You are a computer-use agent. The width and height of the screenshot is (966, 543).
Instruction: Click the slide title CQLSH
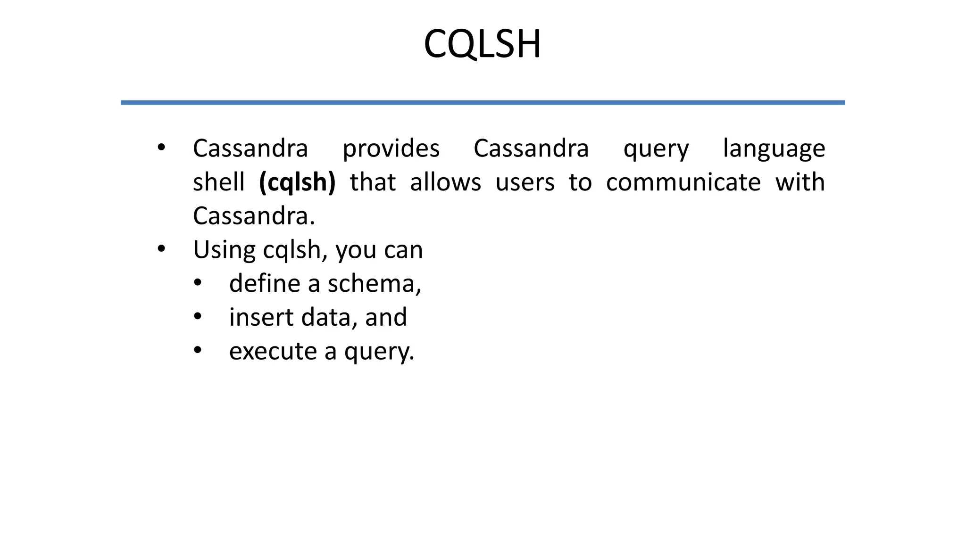coord(482,44)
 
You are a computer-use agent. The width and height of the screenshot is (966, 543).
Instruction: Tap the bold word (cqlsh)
coord(297,182)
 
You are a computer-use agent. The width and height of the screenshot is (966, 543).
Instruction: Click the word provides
coord(391,149)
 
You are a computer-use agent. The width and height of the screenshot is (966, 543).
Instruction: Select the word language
coord(774,149)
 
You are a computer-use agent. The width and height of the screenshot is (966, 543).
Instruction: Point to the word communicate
coord(683,182)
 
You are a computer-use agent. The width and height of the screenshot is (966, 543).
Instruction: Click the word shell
coord(219,182)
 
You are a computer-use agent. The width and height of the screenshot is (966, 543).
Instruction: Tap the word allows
coord(445,182)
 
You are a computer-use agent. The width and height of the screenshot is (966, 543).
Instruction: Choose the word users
coord(525,182)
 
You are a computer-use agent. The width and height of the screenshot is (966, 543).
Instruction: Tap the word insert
coord(261,317)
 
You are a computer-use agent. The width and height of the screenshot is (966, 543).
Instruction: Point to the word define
coord(265,284)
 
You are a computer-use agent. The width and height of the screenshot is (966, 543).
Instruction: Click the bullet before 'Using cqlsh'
coord(161,249)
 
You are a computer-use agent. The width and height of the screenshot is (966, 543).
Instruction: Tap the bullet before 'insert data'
coord(198,316)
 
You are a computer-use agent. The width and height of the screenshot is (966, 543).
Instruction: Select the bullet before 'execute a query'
coord(198,350)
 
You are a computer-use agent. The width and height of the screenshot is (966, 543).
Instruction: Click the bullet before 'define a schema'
coord(198,283)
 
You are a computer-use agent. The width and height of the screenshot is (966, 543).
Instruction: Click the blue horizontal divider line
coord(483,102)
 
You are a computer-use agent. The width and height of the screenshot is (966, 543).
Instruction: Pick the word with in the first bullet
coord(800,182)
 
